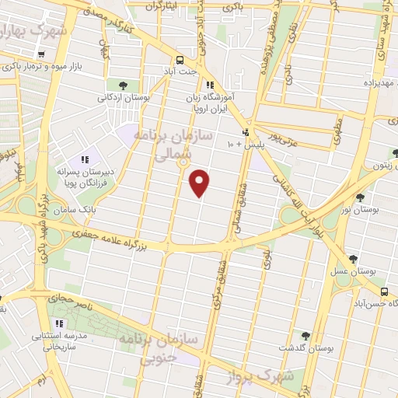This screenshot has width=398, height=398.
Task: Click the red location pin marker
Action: [x=200, y=182]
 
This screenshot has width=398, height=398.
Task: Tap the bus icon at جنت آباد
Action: [x=180, y=59]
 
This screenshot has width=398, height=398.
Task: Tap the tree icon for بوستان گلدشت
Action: [x=305, y=336]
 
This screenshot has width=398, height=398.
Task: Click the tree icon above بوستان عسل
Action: [x=353, y=260]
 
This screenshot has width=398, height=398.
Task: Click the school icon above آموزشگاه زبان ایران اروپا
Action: [x=209, y=86]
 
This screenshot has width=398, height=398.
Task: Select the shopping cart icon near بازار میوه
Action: [x=40, y=54]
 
